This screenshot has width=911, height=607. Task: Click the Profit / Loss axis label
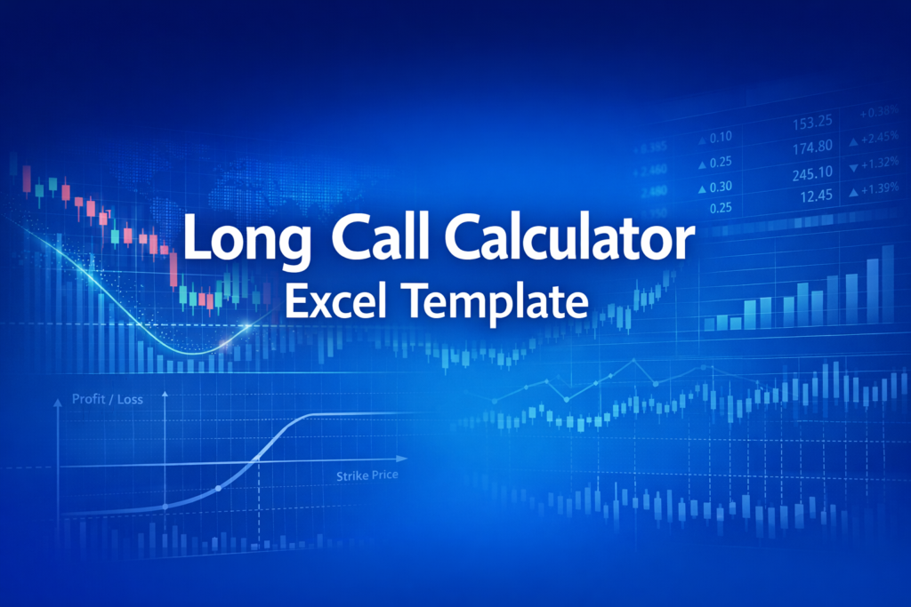(x=108, y=400)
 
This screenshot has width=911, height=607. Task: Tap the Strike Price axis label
(x=367, y=476)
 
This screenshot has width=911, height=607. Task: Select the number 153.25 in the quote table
(x=810, y=121)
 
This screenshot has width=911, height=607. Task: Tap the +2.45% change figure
(x=881, y=140)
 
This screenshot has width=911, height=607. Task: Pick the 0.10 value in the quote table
(x=722, y=137)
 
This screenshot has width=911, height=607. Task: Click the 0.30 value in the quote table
(x=722, y=187)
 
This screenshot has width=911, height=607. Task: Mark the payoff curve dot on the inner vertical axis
(x=165, y=506)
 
